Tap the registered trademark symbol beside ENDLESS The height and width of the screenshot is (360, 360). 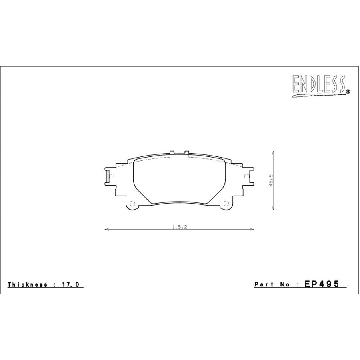(x=348, y=92)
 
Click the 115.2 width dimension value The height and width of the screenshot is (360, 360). (x=180, y=227)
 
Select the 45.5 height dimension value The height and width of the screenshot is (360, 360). (x=271, y=180)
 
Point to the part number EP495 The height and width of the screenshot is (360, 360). (x=322, y=284)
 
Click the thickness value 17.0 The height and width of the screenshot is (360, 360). (x=72, y=284)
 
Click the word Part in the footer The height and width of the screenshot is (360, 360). (x=264, y=284)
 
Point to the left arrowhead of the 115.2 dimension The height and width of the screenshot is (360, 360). (x=106, y=230)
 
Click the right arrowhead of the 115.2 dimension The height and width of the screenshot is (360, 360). (x=253, y=230)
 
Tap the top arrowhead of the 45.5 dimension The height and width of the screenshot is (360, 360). (x=273, y=152)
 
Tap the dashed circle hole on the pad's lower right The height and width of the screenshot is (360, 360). (x=226, y=202)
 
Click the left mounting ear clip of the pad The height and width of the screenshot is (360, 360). (x=108, y=176)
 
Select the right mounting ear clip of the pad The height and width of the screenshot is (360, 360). (x=250, y=176)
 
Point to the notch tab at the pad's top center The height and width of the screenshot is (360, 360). (x=179, y=152)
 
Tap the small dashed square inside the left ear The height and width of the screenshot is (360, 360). (x=112, y=176)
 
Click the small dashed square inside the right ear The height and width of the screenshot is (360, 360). (x=246, y=176)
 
